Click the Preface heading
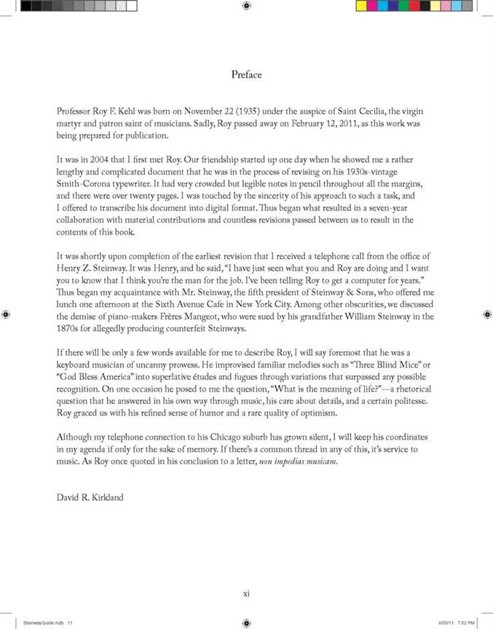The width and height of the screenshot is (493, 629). (x=246, y=74)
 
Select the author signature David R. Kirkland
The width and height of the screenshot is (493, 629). (x=90, y=498)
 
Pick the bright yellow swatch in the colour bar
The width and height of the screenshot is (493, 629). (x=362, y=6)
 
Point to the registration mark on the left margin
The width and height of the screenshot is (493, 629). (x=6, y=314)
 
